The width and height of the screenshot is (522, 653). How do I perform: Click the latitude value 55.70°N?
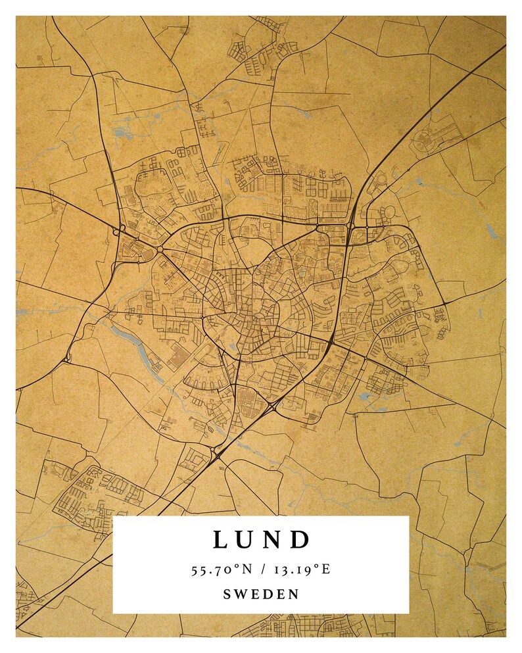(224, 569)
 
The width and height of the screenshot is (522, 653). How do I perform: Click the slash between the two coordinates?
(261, 569)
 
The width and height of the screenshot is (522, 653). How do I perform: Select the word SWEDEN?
(261, 594)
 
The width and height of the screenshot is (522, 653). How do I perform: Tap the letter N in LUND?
(273, 540)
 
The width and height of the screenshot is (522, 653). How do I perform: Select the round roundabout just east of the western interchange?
(159, 249)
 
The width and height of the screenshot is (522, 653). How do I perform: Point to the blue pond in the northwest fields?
(122, 132)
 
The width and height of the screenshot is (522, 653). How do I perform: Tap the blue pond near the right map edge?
(491, 231)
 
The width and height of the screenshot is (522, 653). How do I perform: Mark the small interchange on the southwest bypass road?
(68, 359)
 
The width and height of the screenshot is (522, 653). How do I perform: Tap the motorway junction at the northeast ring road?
(349, 228)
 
